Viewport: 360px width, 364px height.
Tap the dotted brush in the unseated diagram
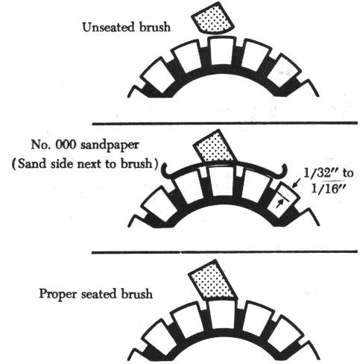tap(212, 19)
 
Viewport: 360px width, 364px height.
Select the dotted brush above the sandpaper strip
tap(214, 146)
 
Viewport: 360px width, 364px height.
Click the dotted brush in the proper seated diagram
tap(212, 280)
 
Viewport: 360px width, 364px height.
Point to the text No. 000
tap(53, 144)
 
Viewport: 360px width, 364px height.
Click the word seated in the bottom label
tap(99, 294)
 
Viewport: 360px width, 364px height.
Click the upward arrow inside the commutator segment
tap(280, 204)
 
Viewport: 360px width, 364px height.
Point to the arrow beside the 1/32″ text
tap(297, 183)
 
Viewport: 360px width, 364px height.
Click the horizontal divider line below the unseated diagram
tap(224, 123)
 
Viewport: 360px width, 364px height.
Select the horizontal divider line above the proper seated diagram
tap(224, 252)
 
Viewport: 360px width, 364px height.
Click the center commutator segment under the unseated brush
tap(221, 51)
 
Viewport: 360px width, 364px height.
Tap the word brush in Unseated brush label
tap(155, 27)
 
